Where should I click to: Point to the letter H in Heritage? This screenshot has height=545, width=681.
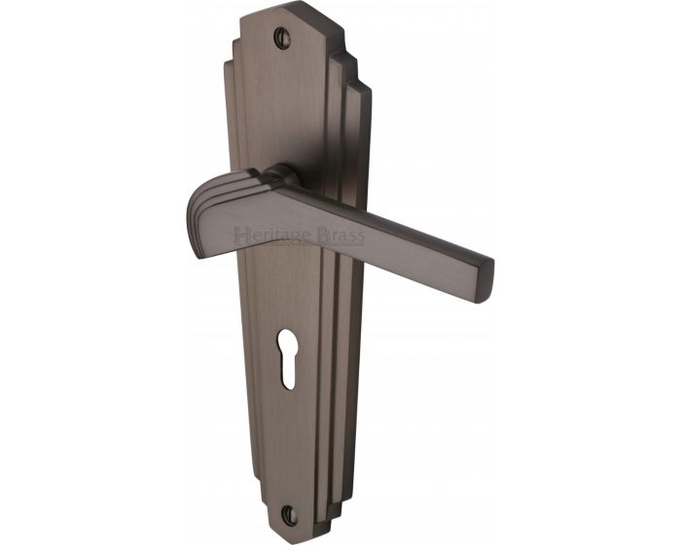coord(240,236)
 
